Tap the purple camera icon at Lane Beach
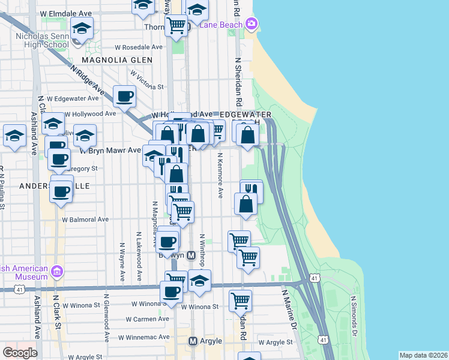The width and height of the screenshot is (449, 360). click(251, 25)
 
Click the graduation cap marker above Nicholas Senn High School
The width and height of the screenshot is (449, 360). click(82, 28)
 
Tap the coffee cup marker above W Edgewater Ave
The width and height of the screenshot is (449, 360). click(124, 96)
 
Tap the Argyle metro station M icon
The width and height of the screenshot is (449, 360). click(193, 341)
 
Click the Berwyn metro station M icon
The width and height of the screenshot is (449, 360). click(191, 255)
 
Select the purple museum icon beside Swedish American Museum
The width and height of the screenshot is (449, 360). click(58, 271)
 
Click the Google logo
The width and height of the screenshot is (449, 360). click(20, 353)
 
